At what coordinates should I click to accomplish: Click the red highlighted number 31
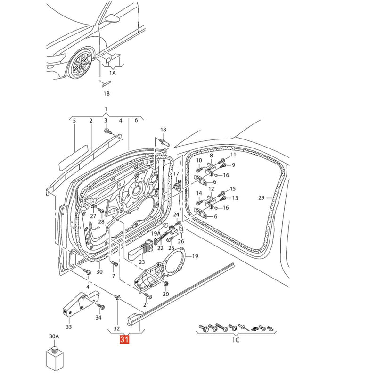124,340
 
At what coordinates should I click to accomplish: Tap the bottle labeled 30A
55,359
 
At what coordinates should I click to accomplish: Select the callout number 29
262,197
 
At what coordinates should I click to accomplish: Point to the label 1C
236,340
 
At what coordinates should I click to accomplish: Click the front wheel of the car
80,63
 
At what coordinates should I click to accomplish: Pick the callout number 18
163,130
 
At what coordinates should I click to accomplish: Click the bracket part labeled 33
77,304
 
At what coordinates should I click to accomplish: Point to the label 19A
156,233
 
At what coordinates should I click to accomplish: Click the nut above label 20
166,284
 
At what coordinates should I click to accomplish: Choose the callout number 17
176,173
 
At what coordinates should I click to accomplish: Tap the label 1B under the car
107,93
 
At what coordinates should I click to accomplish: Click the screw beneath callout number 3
108,131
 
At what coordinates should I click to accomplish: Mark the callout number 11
233,155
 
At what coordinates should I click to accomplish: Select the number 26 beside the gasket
181,241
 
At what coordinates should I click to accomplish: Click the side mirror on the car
113,18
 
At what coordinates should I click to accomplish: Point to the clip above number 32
117,298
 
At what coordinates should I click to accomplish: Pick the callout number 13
235,198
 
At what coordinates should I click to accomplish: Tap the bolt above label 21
148,295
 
